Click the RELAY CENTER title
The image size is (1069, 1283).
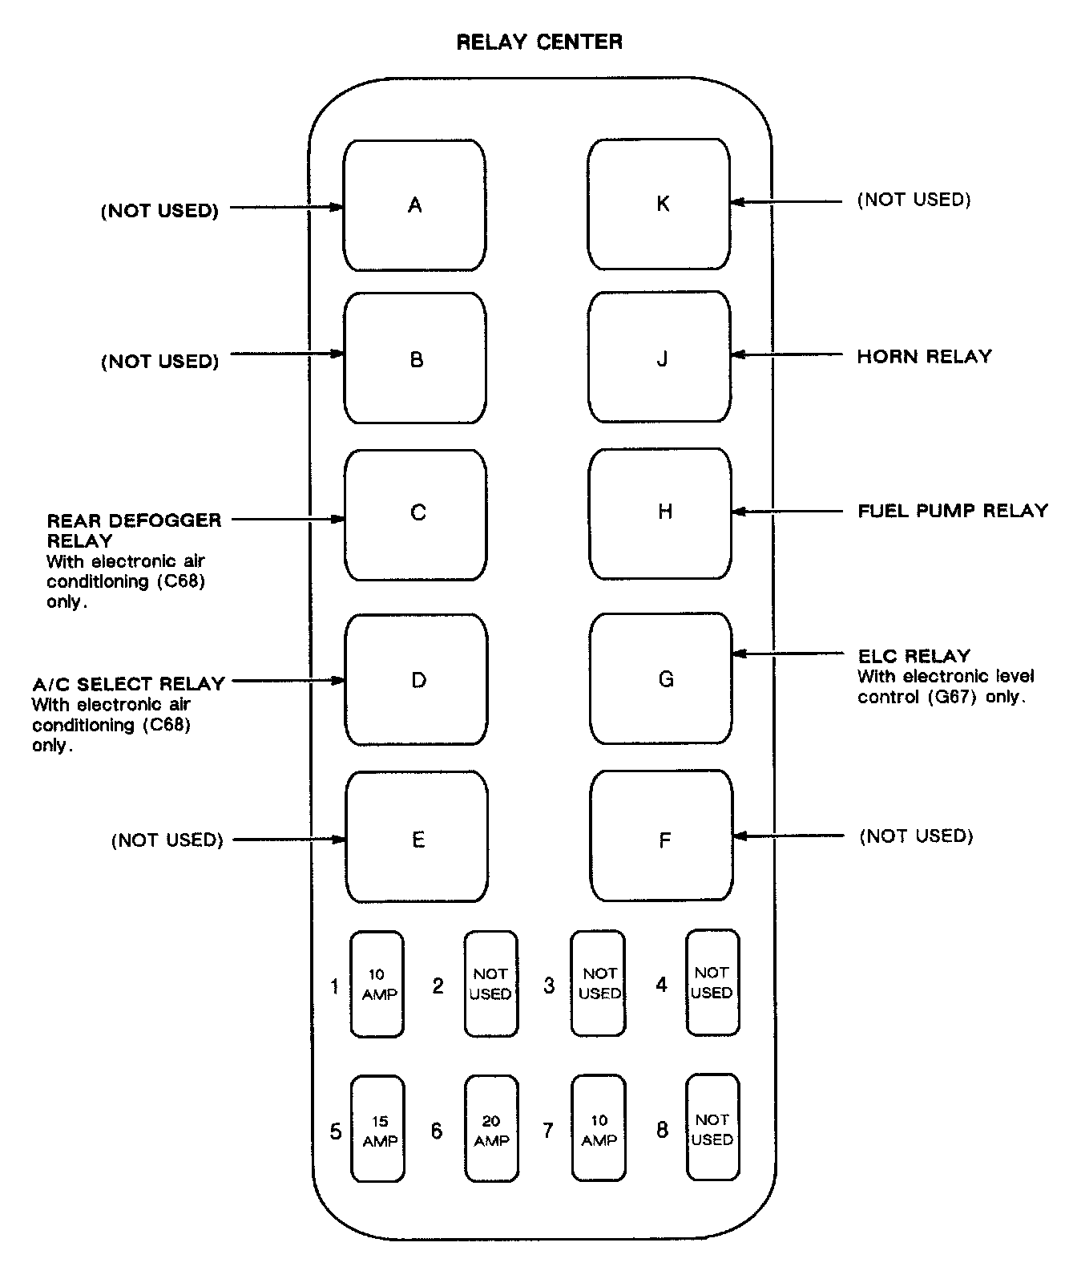[x=539, y=42]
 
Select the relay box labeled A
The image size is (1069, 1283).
[x=414, y=205]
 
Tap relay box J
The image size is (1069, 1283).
[x=659, y=357]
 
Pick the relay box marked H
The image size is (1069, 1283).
[x=660, y=512]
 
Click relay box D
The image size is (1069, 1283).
[x=417, y=680]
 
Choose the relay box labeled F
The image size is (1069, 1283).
[x=662, y=836]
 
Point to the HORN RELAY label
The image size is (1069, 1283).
[x=924, y=356]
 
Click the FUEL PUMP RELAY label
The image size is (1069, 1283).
[x=953, y=511]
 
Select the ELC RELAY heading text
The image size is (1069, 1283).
[x=914, y=656]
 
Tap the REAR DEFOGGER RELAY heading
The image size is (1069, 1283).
[x=133, y=530]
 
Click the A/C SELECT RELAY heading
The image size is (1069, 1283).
[x=128, y=684]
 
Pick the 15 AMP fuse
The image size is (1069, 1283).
[x=378, y=1129]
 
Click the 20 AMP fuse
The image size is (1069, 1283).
[x=491, y=1129]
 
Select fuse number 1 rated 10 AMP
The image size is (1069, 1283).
[x=377, y=984]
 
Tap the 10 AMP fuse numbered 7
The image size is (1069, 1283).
[x=599, y=1129]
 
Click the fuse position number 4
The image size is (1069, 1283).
[x=662, y=985]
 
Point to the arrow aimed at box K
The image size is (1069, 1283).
[x=785, y=202]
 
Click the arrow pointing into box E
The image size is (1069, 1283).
[x=289, y=840]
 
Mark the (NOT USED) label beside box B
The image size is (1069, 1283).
[x=159, y=362]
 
